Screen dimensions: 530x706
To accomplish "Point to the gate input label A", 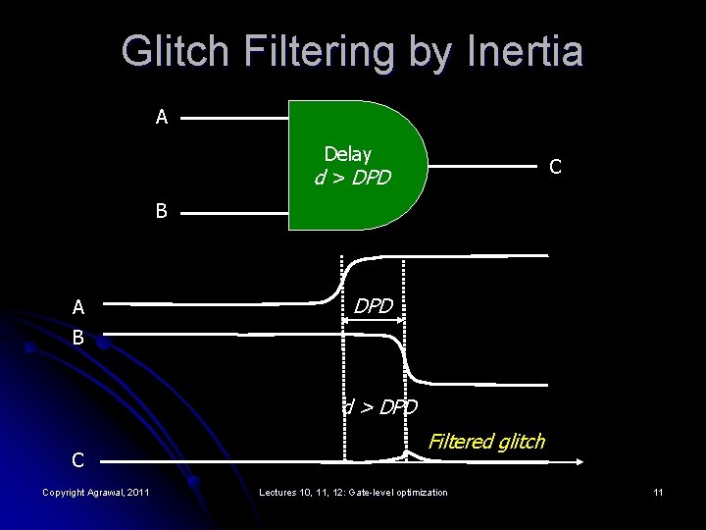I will point(162,118).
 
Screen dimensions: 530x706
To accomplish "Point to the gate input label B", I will point(162,209).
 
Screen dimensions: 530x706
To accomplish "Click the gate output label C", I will point(555,167).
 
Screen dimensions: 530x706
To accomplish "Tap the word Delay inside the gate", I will point(348,154).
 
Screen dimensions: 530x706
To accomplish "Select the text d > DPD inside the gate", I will point(352,179).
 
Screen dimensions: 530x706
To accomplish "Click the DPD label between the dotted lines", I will point(374,306).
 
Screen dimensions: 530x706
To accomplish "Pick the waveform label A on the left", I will point(78,307).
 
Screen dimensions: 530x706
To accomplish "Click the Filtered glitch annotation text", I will point(486,441).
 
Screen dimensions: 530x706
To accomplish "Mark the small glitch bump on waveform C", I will point(408,454).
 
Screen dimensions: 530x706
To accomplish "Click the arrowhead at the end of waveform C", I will point(580,459).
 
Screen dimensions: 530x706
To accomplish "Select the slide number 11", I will point(658,491).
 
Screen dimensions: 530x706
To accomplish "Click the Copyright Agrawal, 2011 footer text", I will point(96,491).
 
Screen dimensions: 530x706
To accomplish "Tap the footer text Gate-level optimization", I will point(398,491).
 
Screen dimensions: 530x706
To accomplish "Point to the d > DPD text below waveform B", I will point(380,406).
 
